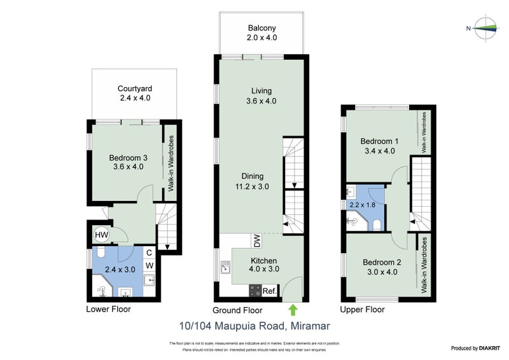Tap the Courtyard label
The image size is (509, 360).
pyautogui.click(x=135, y=88)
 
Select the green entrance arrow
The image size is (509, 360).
pyautogui.click(x=293, y=310)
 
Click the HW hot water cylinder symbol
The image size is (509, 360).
pyautogui.click(x=101, y=235)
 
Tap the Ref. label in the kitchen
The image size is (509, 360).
pyautogui.click(x=270, y=291)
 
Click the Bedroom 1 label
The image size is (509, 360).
pyautogui.click(x=379, y=141)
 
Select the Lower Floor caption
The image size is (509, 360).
pyautogui.click(x=108, y=310)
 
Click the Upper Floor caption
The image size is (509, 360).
pyautogui.click(x=363, y=310)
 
